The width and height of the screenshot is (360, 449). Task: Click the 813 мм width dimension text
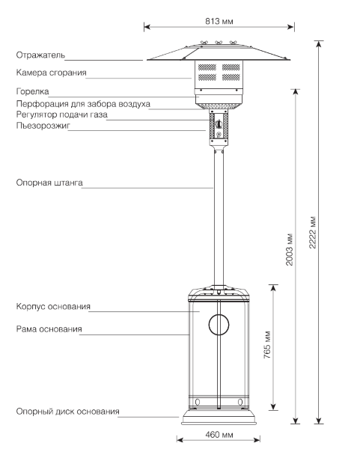pyautogui.click(x=219, y=21)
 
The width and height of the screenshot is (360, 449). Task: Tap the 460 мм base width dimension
pyautogui.click(x=219, y=435)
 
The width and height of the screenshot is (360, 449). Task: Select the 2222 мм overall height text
pyautogui.click(x=313, y=232)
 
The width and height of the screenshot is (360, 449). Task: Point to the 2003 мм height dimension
pyautogui.click(x=290, y=249)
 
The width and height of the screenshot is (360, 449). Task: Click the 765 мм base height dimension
pyautogui.click(x=267, y=345)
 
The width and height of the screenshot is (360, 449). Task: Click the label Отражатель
pyautogui.click(x=40, y=55)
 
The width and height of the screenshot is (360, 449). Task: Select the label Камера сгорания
pyautogui.click(x=51, y=73)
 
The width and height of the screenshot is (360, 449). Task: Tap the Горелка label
pyautogui.click(x=33, y=91)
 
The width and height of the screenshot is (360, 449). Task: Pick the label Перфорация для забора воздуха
pyautogui.click(x=83, y=104)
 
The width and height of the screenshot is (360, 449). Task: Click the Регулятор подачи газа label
pyautogui.click(x=62, y=114)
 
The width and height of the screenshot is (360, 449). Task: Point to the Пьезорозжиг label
pyautogui.click(x=43, y=126)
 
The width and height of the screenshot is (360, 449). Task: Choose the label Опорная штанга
pyautogui.click(x=49, y=183)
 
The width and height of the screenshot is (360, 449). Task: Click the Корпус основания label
pyautogui.click(x=53, y=306)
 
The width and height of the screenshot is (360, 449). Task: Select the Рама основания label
pyautogui.click(x=49, y=329)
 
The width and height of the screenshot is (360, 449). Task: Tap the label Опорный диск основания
pyautogui.click(x=67, y=412)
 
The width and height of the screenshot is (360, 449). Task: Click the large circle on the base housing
pyautogui.click(x=219, y=315)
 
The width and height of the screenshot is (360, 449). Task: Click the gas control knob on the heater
pyautogui.click(x=219, y=124)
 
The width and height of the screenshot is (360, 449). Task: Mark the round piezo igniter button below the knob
pyautogui.click(x=219, y=134)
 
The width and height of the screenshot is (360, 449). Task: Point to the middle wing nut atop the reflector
pyautogui.click(x=219, y=43)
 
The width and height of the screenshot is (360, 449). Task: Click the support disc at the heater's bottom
pyautogui.click(x=219, y=418)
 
